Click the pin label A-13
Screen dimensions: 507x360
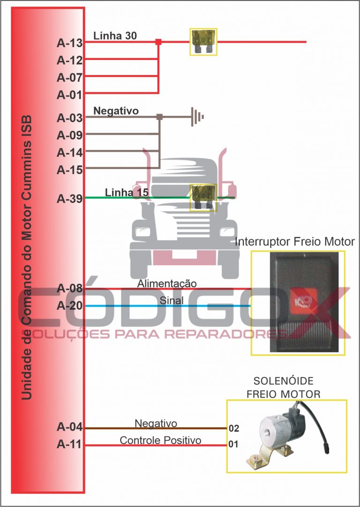[x=69, y=43]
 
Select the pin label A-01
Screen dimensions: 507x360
[x=69, y=95]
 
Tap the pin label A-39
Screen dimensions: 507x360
[x=69, y=199]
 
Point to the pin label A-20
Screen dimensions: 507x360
[x=69, y=306]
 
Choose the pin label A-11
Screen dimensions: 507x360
[x=69, y=444]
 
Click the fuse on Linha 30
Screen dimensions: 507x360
[x=203, y=42]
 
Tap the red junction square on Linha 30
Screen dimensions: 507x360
[x=158, y=42]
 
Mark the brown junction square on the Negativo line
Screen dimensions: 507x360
[x=159, y=117]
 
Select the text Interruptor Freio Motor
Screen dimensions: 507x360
[x=294, y=242]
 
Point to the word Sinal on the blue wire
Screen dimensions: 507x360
[x=172, y=300]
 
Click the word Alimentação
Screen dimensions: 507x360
[x=167, y=284]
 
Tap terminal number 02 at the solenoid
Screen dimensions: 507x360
[x=233, y=428]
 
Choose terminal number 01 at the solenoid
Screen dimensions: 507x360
[x=233, y=444]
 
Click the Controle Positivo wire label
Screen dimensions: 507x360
[x=160, y=440]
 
